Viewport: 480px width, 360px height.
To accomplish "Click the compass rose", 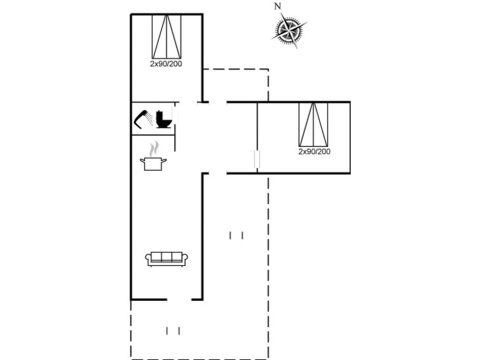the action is pos(289,30).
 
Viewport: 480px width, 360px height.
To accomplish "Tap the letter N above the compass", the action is pos(277,6).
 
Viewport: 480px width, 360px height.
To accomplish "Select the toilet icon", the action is pos(163,119).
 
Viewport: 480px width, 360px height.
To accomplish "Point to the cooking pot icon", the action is pos(153,164).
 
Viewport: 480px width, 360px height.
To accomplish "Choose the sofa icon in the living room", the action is pos(167,259).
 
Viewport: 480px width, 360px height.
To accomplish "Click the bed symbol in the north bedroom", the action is pos(167,36).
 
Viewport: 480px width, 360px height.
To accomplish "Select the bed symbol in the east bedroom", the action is pos(313,125).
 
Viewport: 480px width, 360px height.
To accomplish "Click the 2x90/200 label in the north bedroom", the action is pos(166,64).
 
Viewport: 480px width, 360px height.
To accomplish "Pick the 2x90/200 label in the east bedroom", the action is pos(315,151).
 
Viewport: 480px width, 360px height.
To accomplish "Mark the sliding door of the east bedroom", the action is pos(257,159).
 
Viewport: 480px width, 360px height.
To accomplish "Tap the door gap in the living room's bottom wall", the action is pos(179,299).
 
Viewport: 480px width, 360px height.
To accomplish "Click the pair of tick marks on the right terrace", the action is pos(237,235).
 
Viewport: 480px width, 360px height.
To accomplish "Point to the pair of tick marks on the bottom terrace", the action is pos(173,331).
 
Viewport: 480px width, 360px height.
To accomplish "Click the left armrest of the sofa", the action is pos(148,260).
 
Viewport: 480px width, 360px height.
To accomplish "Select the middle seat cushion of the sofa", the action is pos(167,257).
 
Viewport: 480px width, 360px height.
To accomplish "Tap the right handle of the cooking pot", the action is pos(164,160).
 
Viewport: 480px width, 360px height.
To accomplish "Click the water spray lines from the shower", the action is pos(149,119).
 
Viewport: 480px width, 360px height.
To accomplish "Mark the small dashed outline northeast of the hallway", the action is pos(236,85).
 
